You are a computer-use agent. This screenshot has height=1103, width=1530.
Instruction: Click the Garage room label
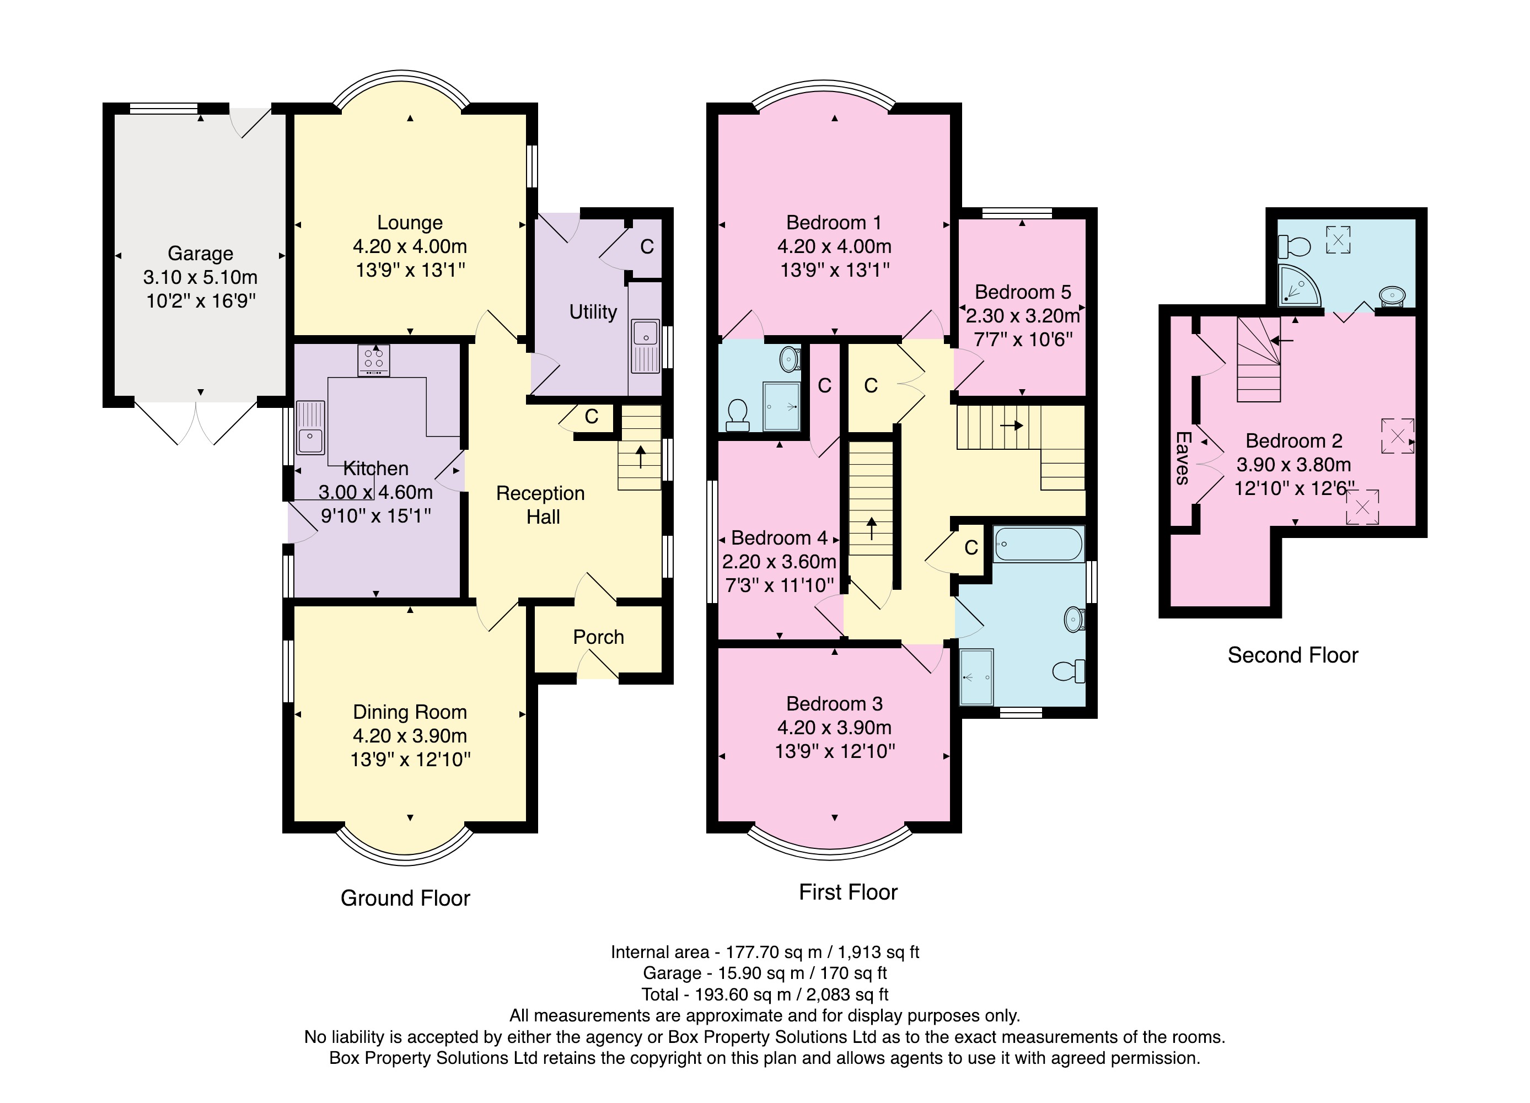pos(200,254)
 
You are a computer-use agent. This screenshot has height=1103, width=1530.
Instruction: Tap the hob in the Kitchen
pos(373,361)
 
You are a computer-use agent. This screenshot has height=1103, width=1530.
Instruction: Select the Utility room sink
pos(646,346)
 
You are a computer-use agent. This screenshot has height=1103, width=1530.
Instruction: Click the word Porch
pos(598,637)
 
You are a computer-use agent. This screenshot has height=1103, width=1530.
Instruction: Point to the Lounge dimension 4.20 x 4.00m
pos(410,246)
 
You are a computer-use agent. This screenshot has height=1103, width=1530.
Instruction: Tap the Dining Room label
pos(410,712)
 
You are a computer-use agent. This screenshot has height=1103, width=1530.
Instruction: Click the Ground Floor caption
pos(405,898)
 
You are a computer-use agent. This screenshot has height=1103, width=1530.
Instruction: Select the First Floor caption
pos(848,892)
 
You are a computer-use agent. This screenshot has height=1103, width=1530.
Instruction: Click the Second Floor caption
pos(1292,655)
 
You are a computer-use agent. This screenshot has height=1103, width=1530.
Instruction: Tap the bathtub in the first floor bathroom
pos(1039,544)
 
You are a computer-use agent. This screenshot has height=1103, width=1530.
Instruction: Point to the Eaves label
pos(1182,458)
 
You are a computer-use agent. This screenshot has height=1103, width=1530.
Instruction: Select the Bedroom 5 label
pos(1023,292)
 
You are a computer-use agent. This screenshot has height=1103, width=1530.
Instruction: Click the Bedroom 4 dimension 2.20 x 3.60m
pos(779,561)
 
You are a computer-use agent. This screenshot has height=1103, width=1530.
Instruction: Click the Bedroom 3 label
pos(835,703)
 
